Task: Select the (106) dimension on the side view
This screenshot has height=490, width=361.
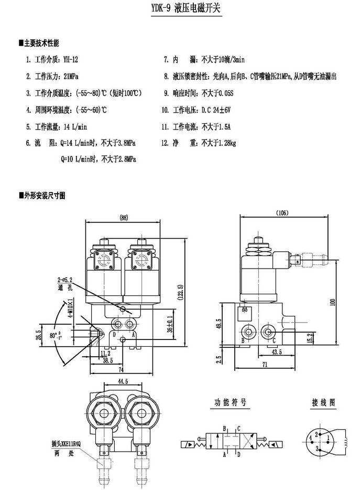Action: point(282,212)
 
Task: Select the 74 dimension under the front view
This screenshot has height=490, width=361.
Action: point(122,369)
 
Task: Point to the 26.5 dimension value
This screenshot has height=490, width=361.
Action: point(38,335)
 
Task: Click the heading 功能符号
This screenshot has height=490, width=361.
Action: point(230,403)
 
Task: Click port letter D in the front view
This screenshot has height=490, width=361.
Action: point(114,334)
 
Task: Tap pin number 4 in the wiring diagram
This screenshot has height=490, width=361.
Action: point(310,436)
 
